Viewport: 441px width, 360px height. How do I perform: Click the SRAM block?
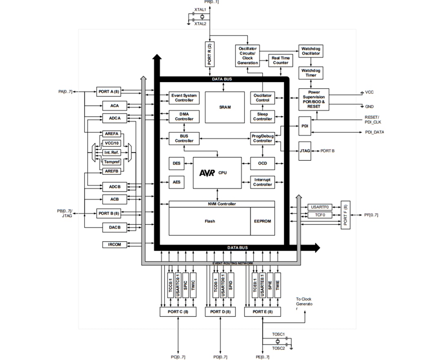click(225, 107)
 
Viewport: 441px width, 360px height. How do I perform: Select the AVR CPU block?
click(217, 173)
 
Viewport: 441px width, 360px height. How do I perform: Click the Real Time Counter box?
click(280, 60)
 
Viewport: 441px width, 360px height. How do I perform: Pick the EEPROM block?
click(262, 221)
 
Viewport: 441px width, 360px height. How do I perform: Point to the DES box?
click(176, 163)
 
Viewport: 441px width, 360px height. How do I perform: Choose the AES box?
click(176, 182)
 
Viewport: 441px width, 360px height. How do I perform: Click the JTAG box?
click(305, 151)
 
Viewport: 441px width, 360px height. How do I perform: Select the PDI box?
click(305, 127)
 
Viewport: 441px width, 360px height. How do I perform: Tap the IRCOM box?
click(114, 244)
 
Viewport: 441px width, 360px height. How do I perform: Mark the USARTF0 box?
click(320, 207)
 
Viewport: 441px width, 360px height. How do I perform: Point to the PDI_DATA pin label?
click(374, 132)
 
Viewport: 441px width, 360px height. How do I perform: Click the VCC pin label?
click(369, 92)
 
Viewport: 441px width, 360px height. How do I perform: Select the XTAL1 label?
click(200, 9)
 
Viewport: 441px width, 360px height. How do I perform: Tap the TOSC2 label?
click(278, 348)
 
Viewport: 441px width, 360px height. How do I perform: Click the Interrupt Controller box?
click(263, 182)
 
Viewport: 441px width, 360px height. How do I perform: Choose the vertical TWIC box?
click(193, 285)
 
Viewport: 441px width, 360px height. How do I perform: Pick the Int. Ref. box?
click(111, 152)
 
